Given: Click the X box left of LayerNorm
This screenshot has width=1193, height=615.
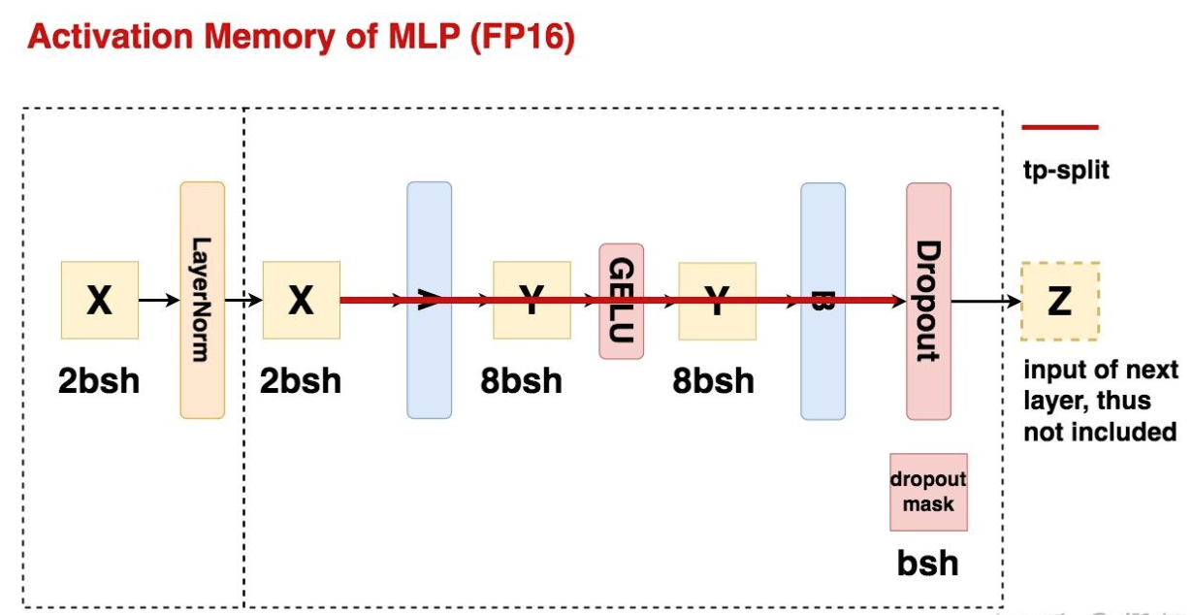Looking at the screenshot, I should coord(99,301).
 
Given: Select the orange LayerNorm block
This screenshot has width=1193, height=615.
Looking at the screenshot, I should coord(202,300).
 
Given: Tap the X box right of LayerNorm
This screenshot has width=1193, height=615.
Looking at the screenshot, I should coord(301,301).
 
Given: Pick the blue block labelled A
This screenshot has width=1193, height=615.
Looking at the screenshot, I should coord(429,300).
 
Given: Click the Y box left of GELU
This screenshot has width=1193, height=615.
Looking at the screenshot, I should coord(531,301).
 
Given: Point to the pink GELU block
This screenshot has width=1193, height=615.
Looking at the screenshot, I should coord(621,301).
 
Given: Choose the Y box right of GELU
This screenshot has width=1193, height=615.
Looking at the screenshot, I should coord(717,301).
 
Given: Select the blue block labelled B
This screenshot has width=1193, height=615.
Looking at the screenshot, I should coord(822,300).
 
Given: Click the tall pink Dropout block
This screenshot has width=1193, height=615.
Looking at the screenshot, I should coord(928,300).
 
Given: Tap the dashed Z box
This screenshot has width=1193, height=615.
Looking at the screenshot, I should coord(1059,301).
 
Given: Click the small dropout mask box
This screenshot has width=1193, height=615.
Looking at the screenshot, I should coord(928,492).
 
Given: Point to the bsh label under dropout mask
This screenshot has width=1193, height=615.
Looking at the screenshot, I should coord(927,563).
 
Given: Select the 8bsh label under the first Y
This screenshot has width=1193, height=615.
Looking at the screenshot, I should coord(521,380).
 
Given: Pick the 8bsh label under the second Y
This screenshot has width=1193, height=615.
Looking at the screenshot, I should coord(713,380).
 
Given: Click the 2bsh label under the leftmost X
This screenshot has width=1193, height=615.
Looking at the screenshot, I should coord(99,380).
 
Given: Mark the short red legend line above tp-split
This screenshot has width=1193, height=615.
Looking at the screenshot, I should coord(1059,127).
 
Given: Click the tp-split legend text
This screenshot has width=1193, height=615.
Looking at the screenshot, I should coord(1066,171).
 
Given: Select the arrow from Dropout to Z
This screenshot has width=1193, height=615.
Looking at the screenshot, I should coord(985,301).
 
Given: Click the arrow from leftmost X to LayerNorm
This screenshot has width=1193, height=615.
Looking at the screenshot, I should coord(159,301).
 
